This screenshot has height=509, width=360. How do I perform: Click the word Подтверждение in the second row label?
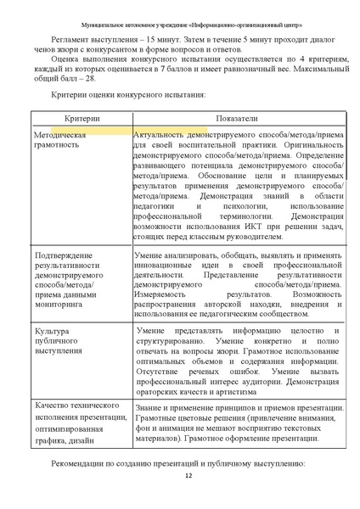[x=65, y=255]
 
